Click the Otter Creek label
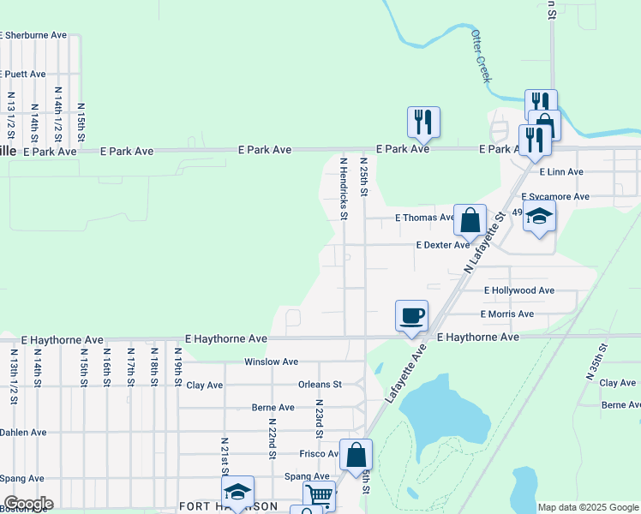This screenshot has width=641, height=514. coord(482,57)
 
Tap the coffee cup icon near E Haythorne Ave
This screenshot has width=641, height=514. coord(411,314)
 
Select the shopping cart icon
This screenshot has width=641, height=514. coord(319,494)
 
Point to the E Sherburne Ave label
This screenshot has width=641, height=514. coord(33,35)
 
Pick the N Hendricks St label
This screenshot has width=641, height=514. coord(344,188)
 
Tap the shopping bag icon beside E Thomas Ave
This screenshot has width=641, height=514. coord(470,219)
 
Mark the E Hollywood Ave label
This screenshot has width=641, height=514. coord(518,290)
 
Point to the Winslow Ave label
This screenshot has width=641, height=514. coord(271,362)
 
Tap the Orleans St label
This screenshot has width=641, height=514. coord(320,385)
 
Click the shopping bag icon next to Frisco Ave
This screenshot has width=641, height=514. coord(356,454)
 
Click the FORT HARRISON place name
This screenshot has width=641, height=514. coord(227,506)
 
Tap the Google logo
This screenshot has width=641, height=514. coord(28,504)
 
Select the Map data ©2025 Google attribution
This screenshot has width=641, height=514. coord(587,507)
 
